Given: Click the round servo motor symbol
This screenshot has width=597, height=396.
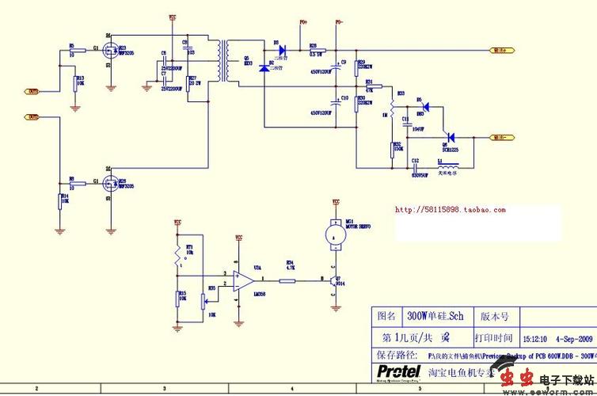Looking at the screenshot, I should [334, 235].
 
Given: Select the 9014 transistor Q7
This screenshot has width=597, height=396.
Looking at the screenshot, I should [334, 280].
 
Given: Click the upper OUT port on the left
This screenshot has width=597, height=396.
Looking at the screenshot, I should [33, 92].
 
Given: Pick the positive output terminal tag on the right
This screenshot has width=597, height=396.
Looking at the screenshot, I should [502, 49].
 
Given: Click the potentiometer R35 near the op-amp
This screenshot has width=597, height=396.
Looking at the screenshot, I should [207, 299].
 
